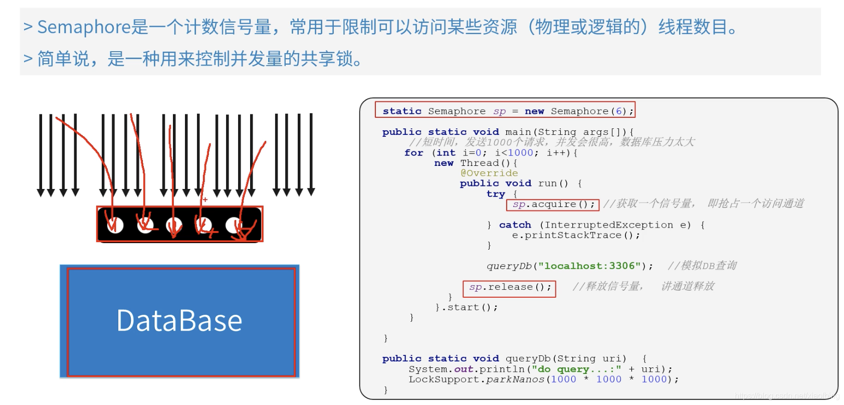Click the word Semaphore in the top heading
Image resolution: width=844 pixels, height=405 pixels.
click(84, 27)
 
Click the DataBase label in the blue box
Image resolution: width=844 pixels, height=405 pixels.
click(179, 321)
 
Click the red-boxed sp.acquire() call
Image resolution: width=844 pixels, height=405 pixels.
click(553, 205)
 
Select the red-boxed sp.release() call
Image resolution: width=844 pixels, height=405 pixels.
click(510, 287)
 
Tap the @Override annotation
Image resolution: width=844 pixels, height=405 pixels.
click(489, 173)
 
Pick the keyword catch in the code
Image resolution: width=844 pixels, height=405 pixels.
click(515, 225)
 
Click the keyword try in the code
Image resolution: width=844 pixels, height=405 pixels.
click(496, 194)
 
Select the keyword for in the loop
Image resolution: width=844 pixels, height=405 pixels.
click(413, 153)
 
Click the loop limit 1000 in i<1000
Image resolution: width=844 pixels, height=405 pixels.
click(521, 153)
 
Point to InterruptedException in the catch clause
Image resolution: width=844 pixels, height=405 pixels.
click(609, 225)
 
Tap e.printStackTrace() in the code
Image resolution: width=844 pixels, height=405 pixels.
click(575, 236)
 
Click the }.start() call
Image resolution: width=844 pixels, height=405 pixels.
click(467, 307)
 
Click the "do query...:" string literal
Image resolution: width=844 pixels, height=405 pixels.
click(576, 369)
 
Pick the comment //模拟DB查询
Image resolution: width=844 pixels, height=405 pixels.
click(702, 266)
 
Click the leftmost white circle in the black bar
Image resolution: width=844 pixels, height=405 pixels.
click(115, 226)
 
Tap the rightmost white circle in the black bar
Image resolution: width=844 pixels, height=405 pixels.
click(234, 226)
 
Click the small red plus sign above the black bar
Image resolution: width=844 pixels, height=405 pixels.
click(205, 199)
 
